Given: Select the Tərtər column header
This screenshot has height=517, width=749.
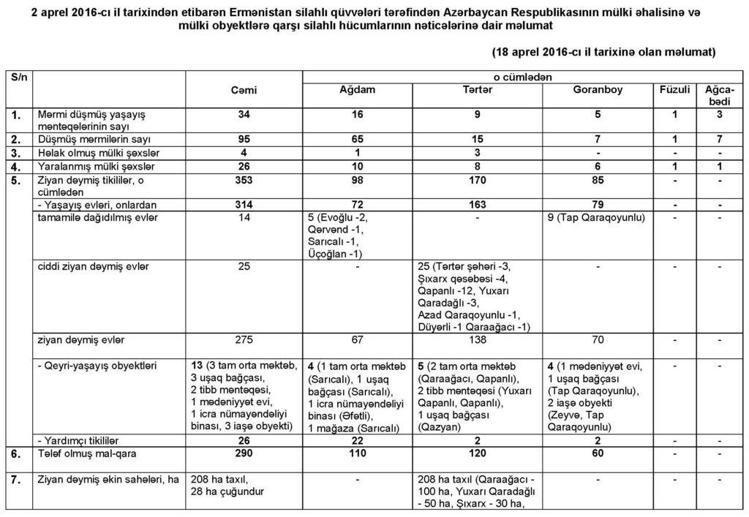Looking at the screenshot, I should [478, 90].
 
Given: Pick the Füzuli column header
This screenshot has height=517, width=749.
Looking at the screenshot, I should [674, 90].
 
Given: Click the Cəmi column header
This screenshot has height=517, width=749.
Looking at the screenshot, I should [244, 90].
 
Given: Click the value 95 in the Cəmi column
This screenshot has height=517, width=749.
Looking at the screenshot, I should [244, 138].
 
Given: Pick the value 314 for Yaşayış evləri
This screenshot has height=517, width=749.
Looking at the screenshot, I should [244, 205].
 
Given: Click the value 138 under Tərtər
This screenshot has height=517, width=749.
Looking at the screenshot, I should [478, 340].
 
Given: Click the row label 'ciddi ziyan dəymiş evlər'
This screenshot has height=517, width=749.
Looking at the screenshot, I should [93, 265].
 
